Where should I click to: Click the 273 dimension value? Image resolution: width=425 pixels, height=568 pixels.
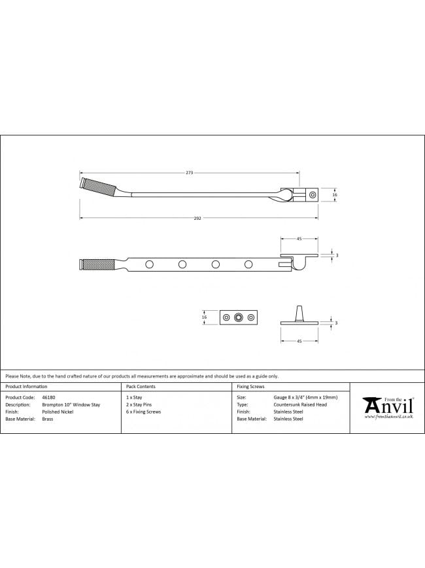(190, 173)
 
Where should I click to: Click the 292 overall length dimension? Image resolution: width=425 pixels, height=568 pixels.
(197, 218)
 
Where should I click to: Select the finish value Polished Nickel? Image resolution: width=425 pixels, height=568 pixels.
(58, 412)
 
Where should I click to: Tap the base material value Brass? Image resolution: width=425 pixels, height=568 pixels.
(48, 419)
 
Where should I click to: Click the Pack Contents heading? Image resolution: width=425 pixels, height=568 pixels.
(141, 387)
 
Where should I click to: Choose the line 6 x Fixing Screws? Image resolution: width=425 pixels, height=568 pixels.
(144, 412)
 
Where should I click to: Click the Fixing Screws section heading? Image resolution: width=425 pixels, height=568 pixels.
(250, 387)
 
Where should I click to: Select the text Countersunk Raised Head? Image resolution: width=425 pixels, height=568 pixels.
(300, 404)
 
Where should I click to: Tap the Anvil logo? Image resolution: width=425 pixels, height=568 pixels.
(388, 408)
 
